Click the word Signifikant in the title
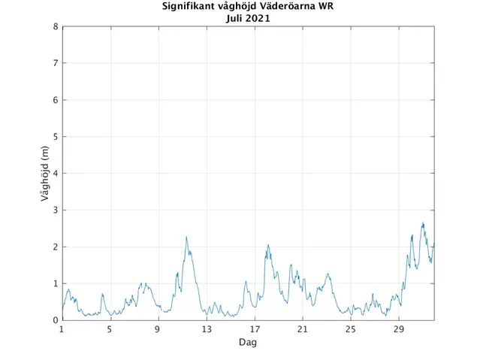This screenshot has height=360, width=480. [x=189, y=8]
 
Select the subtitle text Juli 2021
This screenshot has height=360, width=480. [x=248, y=19]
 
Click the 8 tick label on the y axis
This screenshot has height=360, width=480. [x=55, y=26]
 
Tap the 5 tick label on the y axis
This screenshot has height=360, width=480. [x=55, y=137]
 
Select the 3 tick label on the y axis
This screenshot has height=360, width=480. [x=55, y=210]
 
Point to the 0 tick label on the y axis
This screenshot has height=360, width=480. [x=55, y=321]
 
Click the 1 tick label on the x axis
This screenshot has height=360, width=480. [x=62, y=329]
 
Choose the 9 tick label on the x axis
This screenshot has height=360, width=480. [x=158, y=329]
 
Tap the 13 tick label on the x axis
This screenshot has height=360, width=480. [x=206, y=329]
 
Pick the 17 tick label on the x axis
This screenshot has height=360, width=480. [x=254, y=329]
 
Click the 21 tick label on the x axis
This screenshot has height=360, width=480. [x=302, y=329]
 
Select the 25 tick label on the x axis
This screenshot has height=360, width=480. [x=350, y=329]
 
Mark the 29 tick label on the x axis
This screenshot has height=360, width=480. [x=398, y=329]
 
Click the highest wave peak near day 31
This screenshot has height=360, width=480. [x=423, y=223]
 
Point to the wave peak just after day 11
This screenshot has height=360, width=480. [x=186, y=237]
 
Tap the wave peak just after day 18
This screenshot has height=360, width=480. [x=268, y=245]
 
